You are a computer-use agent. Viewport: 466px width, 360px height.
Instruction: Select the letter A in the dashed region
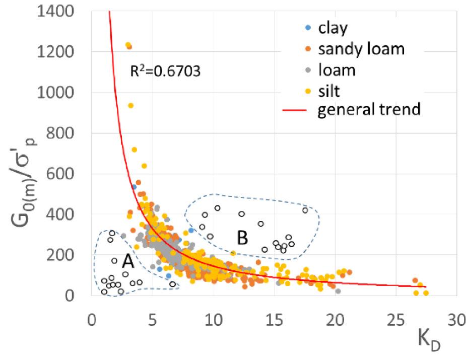click(128, 260)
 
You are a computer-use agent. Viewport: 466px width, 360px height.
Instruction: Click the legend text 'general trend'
click(369, 110)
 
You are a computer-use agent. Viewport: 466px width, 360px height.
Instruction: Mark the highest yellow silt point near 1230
click(128, 45)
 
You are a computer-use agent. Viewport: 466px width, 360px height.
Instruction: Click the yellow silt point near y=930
click(130, 106)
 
